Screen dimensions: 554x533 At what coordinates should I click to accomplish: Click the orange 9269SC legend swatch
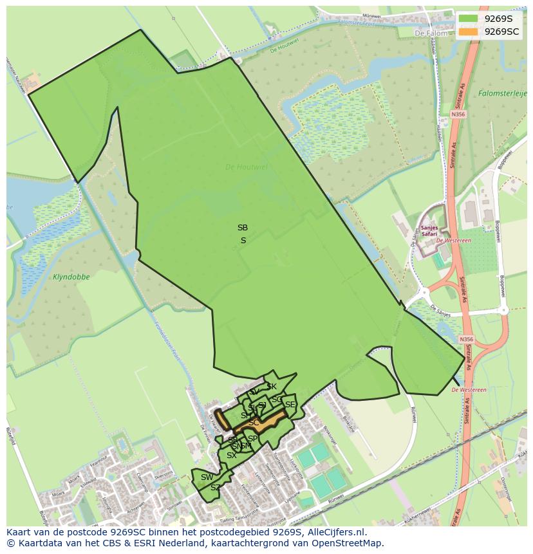click(469, 32)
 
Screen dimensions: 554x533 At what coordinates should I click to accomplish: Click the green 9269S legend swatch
click(469, 19)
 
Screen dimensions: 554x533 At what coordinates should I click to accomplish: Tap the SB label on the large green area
click(242, 228)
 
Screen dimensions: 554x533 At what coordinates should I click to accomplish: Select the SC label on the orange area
click(254, 423)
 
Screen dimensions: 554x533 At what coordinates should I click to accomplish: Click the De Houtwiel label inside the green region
click(247, 167)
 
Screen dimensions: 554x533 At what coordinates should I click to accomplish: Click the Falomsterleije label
click(503, 93)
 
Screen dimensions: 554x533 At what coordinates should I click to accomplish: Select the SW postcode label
click(207, 477)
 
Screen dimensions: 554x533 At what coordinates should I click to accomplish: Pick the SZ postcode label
click(215, 488)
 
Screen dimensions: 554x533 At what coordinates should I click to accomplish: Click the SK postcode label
click(272, 387)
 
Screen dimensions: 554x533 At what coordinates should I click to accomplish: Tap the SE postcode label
click(290, 405)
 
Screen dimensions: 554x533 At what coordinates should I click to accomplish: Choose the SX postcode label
click(231, 456)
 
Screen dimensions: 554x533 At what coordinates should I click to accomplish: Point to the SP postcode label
click(252, 439)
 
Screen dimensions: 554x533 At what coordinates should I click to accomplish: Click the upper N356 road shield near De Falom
click(458, 115)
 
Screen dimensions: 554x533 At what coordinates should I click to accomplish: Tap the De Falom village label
click(429, 33)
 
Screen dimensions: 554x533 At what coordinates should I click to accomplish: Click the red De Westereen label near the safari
click(453, 241)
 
